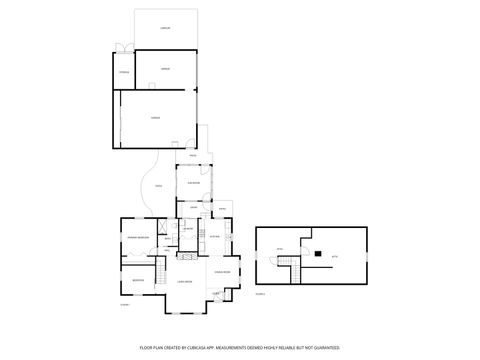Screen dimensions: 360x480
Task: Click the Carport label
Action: click(164, 29)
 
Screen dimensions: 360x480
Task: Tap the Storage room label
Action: click(124, 73)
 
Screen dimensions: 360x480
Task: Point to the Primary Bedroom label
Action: click(138, 236)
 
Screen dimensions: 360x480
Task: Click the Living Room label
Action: click(185, 283)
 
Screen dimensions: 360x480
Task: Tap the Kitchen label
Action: click(215, 236)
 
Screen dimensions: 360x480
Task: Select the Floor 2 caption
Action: click(260, 294)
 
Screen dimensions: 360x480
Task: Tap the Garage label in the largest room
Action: click(155, 118)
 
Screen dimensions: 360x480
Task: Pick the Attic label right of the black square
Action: click(334, 255)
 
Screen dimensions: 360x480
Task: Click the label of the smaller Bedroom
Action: click(137, 280)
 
